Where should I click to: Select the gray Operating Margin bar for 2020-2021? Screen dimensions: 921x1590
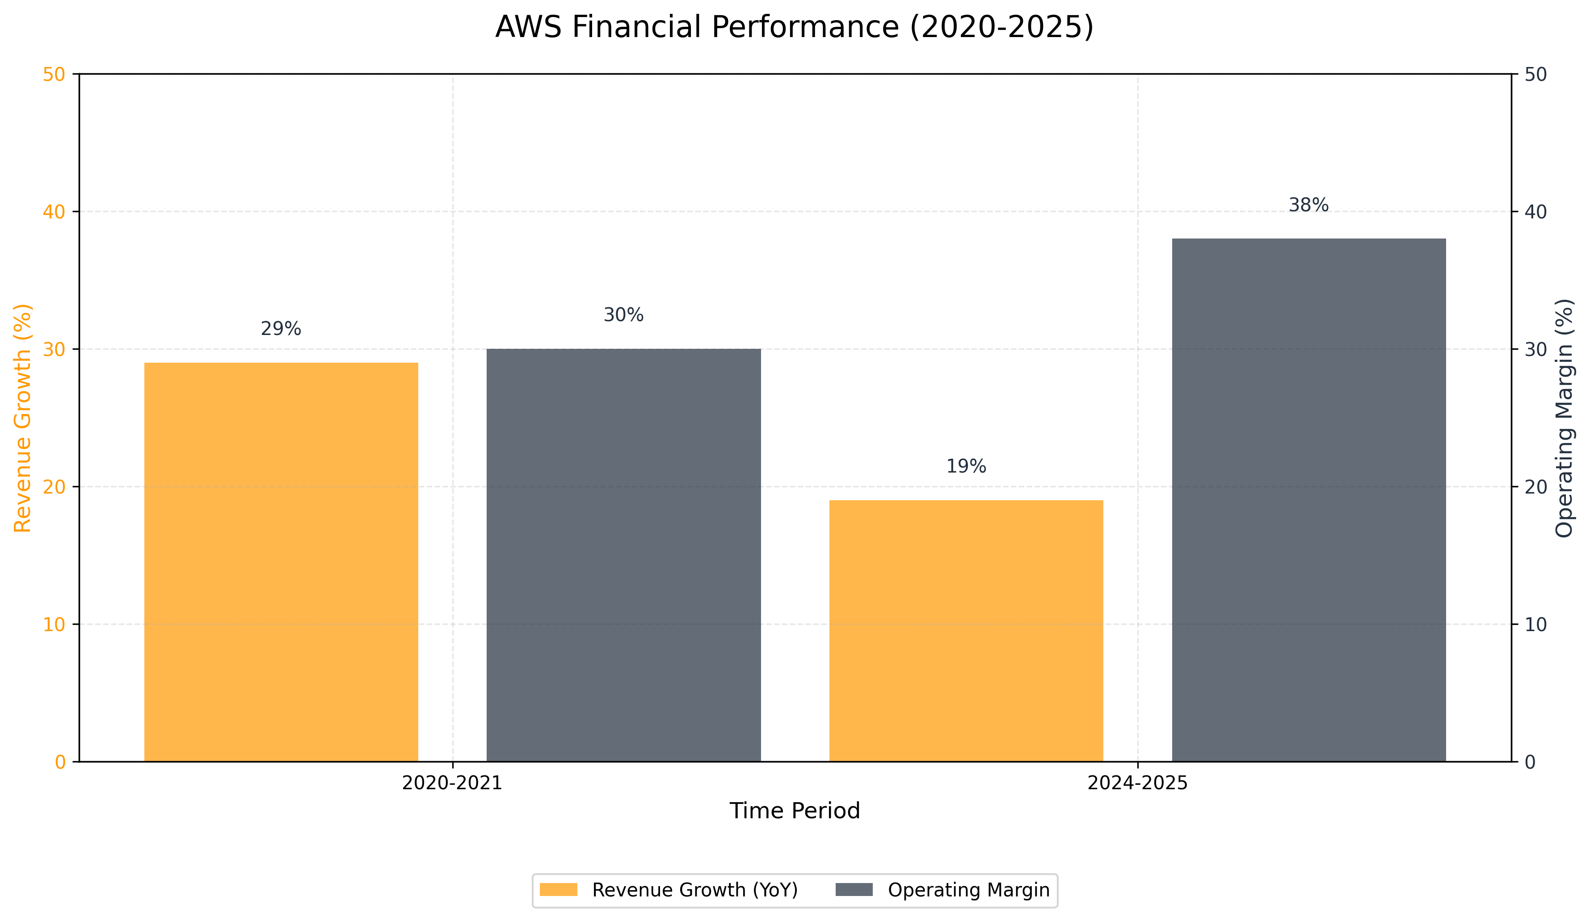click(623, 555)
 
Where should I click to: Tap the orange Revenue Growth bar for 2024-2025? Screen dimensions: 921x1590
click(966, 631)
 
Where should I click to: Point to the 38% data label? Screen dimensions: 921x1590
click(1308, 205)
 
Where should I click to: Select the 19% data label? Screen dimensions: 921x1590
click(966, 466)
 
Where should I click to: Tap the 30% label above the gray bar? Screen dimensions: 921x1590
click(623, 315)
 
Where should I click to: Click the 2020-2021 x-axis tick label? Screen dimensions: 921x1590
click(452, 783)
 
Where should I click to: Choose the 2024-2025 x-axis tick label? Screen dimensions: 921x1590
click(1138, 783)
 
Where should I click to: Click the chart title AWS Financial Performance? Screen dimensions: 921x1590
click(795, 27)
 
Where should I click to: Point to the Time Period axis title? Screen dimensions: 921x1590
click(795, 811)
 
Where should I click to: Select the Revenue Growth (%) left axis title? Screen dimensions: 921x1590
click(23, 418)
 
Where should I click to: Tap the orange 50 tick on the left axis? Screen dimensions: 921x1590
click(54, 75)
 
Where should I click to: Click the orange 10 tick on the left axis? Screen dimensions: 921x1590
click(54, 624)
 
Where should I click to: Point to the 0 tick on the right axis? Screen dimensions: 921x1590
click(1530, 762)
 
